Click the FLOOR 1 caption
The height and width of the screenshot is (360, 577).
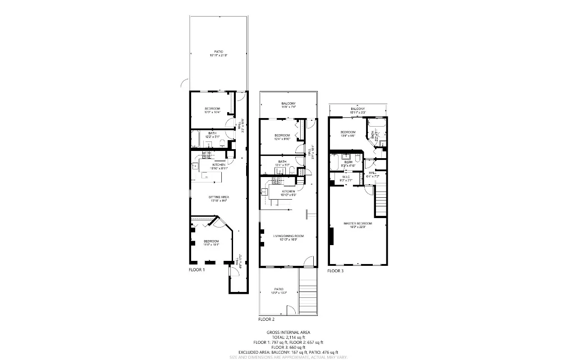coord(197,270)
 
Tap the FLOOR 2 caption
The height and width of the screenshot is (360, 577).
coord(266,319)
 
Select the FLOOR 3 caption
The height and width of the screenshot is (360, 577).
coord(335,271)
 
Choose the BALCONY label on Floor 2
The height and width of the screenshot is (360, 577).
coord(288,105)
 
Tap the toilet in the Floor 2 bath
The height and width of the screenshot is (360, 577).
coord(292,170)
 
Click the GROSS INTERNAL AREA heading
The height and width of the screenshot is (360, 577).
coord(288,333)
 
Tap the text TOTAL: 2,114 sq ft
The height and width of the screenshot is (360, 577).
coord(288,337)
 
